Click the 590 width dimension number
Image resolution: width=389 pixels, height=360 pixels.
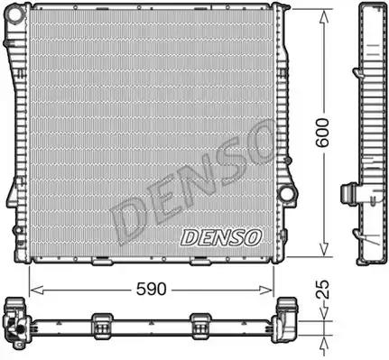pyautogui.click(x=151, y=289)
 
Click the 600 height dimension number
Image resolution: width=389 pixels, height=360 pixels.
pyautogui.click(x=322, y=133)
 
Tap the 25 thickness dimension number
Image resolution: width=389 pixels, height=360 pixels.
pyautogui.click(x=323, y=290)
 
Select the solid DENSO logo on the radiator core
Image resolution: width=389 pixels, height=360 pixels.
pyautogui.click(x=221, y=237)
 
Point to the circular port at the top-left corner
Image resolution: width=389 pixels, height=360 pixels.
pyautogui.click(x=15, y=14)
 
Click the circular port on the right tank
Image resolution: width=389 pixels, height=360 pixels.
pyautogui.click(x=285, y=193)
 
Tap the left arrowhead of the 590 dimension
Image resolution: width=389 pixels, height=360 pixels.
pyautogui.click(x=37, y=290)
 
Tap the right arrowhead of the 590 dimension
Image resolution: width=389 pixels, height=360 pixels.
pyautogui.click(x=266, y=290)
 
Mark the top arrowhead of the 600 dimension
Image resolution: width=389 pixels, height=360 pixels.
pyautogui.click(x=323, y=17)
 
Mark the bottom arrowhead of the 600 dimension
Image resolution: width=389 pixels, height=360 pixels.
pyautogui.click(x=323, y=249)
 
